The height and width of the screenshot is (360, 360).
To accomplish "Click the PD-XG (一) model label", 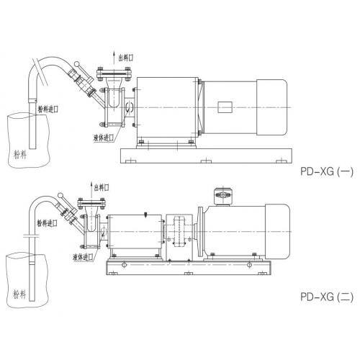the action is click(x=327, y=171).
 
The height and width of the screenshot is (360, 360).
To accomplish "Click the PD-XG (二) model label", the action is click(x=327, y=297).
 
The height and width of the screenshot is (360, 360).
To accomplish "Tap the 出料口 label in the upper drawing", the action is click(x=126, y=58).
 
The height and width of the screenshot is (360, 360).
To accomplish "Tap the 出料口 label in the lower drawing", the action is click(x=102, y=187).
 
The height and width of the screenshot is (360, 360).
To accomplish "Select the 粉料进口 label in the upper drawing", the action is click(x=48, y=109).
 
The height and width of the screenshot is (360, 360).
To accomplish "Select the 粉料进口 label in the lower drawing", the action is click(x=47, y=223).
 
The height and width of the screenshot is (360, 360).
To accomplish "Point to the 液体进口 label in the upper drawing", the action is click(x=104, y=138).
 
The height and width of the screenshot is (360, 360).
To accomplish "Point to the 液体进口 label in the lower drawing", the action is click(x=83, y=257).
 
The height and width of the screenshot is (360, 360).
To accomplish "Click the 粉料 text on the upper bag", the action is click(x=20, y=155).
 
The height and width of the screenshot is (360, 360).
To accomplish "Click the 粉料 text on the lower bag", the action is click(x=19, y=294).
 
